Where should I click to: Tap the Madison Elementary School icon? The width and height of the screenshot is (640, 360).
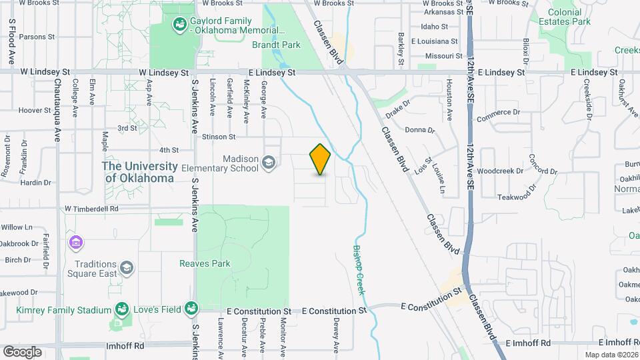click(x=269, y=163)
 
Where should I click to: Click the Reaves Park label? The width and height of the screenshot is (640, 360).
click(x=205, y=263)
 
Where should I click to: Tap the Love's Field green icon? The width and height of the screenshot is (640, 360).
click(x=192, y=308)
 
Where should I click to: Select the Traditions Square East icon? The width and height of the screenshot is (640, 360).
click(x=126, y=268)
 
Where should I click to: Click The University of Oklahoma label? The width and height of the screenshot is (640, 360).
click(x=139, y=172)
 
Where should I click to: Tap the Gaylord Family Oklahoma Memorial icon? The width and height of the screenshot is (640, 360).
click(x=179, y=26)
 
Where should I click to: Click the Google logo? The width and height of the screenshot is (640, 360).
click(x=22, y=351)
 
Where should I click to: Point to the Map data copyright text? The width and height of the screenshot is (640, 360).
click(x=611, y=355)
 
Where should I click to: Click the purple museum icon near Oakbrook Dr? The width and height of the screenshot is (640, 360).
click(x=75, y=241)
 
